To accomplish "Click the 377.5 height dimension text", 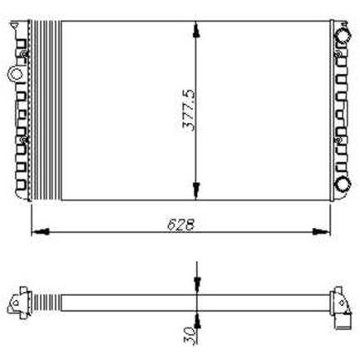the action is click(190, 110).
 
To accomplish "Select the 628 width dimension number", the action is click(180, 224).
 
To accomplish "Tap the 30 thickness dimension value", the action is click(190, 335).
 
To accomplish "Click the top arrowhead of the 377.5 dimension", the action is click(196, 29).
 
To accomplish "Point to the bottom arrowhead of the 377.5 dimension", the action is click(196, 191).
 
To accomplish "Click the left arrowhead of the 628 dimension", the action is click(41, 231).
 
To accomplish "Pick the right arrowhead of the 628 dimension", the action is click(322, 231).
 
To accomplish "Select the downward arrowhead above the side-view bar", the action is click(196, 285).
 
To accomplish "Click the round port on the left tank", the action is click(14, 74).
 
